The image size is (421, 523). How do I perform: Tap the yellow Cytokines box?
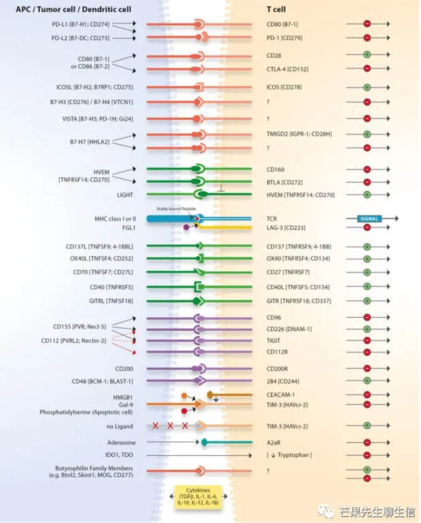point(198,496)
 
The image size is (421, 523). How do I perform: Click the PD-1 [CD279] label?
point(283,38)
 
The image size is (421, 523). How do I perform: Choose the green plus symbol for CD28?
point(366,55)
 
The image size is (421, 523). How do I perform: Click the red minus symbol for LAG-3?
point(366,228)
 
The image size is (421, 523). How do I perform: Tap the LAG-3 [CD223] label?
point(286,228)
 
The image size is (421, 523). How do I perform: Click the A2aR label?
point(273,442)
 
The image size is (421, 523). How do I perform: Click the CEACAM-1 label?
point(280,395)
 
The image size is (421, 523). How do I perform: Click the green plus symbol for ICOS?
point(366,87)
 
